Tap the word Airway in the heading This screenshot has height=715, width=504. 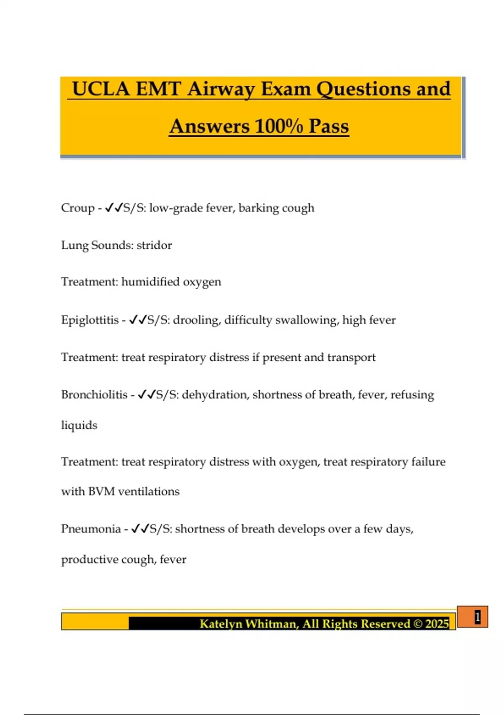point(221,89)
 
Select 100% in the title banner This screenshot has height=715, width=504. point(278,126)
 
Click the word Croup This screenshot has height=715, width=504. point(78,208)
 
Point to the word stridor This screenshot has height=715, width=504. point(154,245)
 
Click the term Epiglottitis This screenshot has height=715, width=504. point(90,320)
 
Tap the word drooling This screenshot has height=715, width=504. point(196,320)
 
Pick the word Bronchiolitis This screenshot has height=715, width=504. point(94,395)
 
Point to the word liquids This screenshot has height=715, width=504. point(79,425)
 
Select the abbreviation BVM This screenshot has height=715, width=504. point(101,491)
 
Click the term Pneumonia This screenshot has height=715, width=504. point(91,529)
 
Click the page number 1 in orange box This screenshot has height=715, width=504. point(477,617)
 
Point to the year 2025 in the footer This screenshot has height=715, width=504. point(437,623)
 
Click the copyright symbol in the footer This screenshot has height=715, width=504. point(418,623)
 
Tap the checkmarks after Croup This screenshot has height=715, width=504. point(113,208)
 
